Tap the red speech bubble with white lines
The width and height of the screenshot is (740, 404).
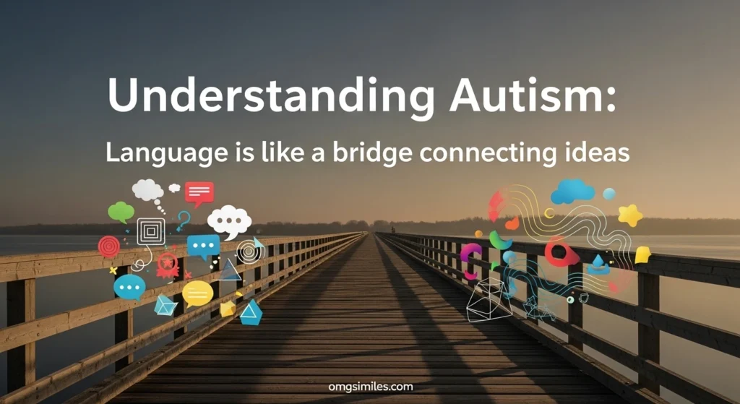pyautogui.click(x=199, y=193)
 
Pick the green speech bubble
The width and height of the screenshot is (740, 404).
pyautogui.click(x=121, y=212)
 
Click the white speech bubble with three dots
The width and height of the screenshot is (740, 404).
pyautogui.click(x=229, y=221)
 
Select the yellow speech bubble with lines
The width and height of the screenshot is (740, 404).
pyautogui.click(x=197, y=293)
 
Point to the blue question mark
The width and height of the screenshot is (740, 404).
pyautogui.click(x=183, y=220)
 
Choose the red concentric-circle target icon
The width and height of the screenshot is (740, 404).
pyautogui.click(x=109, y=246)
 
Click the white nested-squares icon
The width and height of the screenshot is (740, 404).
pyautogui.click(x=151, y=231)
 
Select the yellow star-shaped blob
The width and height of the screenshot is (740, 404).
pyautogui.click(x=629, y=215)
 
